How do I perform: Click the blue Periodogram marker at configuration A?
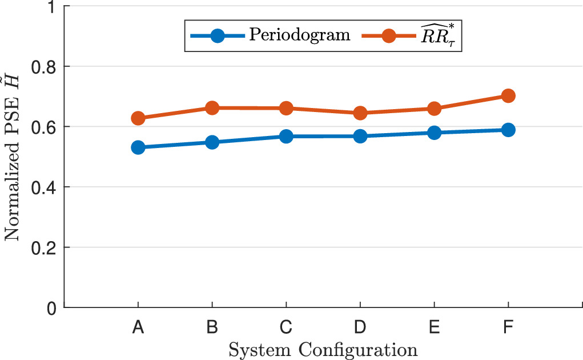[x=138, y=147]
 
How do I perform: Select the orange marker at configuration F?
[x=508, y=96]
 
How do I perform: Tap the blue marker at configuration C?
[x=286, y=137]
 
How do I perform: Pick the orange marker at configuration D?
[x=360, y=113]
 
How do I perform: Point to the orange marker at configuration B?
[x=212, y=108]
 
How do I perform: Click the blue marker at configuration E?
[x=434, y=133]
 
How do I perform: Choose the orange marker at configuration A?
[x=138, y=118]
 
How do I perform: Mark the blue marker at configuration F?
[x=508, y=130]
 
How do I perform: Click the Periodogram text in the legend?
[x=300, y=35]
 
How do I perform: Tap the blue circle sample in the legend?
[x=217, y=35]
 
